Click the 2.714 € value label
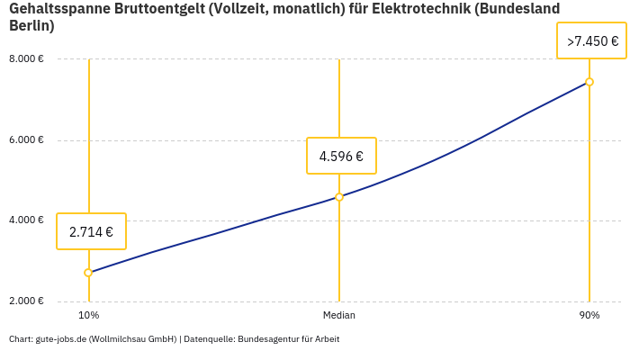tap(91, 231)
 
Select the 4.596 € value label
tap(341, 156)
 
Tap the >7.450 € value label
tap(592, 40)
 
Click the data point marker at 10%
tap(88, 273)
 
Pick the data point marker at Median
tap(339, 196)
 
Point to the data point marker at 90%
tap(589, 82)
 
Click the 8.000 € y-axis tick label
tap(26, 59)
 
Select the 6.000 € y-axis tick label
tap(26, 140)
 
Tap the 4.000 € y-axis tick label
tap(26, 220)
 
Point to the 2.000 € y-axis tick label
tap(26, 301)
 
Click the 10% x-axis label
tap(88, 315)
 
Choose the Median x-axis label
tap(339, 315)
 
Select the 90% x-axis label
tap(589, 315)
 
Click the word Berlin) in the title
tap(31, 25)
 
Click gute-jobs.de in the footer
tap(60, 339)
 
